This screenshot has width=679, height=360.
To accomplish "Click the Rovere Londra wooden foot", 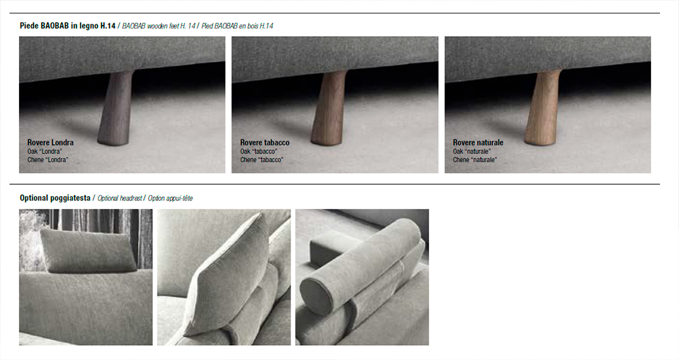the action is [x=116, y=107].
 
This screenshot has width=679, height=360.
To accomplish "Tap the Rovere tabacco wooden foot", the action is [x=329, y=107].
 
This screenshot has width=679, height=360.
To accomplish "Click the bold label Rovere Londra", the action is [x=50, y=143].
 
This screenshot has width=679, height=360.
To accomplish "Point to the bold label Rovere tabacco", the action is [x=265, y=143].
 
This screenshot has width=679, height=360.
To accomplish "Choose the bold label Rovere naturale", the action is [x=478, y=143].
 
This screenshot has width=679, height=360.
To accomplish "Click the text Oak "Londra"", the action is [x=45, y=151].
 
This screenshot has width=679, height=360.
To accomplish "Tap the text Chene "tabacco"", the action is [x=261, y=160].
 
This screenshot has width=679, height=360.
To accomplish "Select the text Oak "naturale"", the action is [x=472, y=151].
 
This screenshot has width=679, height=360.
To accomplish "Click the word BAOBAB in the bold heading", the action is [x=54, y=26].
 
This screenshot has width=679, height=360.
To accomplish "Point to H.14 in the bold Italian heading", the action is [x=108, y=26].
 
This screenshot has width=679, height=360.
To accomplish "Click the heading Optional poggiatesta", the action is [x=55, y=198].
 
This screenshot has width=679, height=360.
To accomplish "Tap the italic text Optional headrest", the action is [x=120, y=198].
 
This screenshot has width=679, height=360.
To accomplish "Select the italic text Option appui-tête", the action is [x=170, y=198].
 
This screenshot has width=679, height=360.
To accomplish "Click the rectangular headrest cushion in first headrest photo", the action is [x=88, y=251].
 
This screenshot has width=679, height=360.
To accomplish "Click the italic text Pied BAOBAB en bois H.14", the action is [x=237, y=26].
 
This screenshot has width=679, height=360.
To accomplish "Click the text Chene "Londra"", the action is [x=48, y=160].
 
